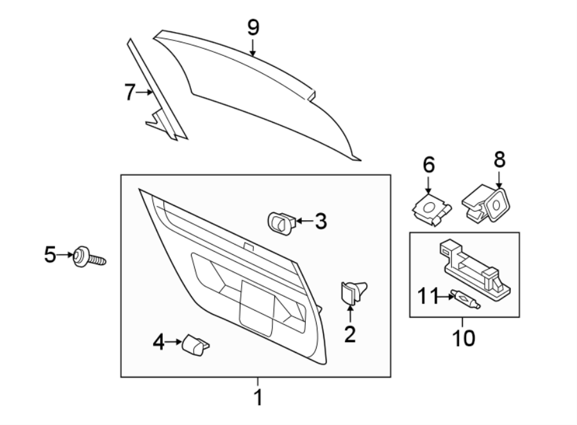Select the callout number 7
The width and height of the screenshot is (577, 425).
tap(130, 92)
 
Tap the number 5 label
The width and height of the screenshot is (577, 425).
tap(51, 256)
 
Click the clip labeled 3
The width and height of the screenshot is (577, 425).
tap(281, 221)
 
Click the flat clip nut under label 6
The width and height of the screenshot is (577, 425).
tap(430, 210)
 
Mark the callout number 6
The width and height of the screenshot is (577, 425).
tap(428, 165)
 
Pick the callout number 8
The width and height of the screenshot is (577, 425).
tap(498, 159)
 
